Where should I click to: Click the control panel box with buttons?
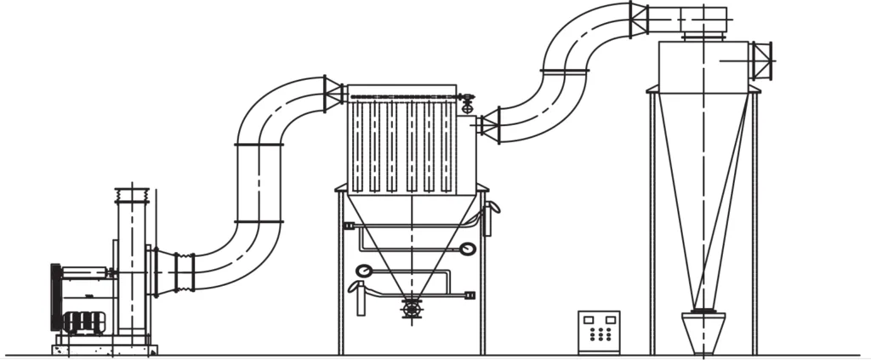599,332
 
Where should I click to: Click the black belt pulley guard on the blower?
57,298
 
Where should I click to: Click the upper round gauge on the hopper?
466,249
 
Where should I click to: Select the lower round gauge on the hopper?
364,271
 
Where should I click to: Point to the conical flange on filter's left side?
333,94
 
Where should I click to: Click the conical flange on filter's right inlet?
488,126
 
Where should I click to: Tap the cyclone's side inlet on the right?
760,60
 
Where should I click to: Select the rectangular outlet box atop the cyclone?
703,18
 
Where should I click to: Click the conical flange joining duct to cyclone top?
640,20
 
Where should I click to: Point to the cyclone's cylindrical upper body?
703,64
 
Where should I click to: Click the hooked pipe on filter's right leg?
489,218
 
